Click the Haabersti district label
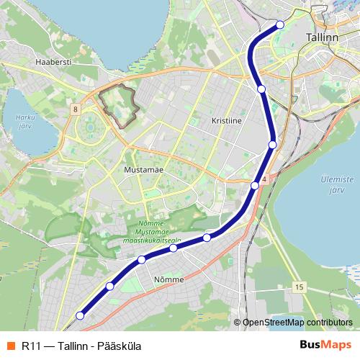[53, 63]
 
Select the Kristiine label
[226, 121]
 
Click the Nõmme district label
[169, 279]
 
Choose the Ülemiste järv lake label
[333, 185]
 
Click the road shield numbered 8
[75, 109]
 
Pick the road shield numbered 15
[299, 287]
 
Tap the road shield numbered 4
[265, 179]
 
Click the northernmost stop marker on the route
[280, 25]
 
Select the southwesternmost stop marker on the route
[80, 315]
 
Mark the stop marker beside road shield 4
[255, 186]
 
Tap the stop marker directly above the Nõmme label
[174, 248]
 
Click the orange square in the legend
[9, 346]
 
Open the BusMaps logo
[325, 345]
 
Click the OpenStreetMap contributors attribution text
[297, 323]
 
